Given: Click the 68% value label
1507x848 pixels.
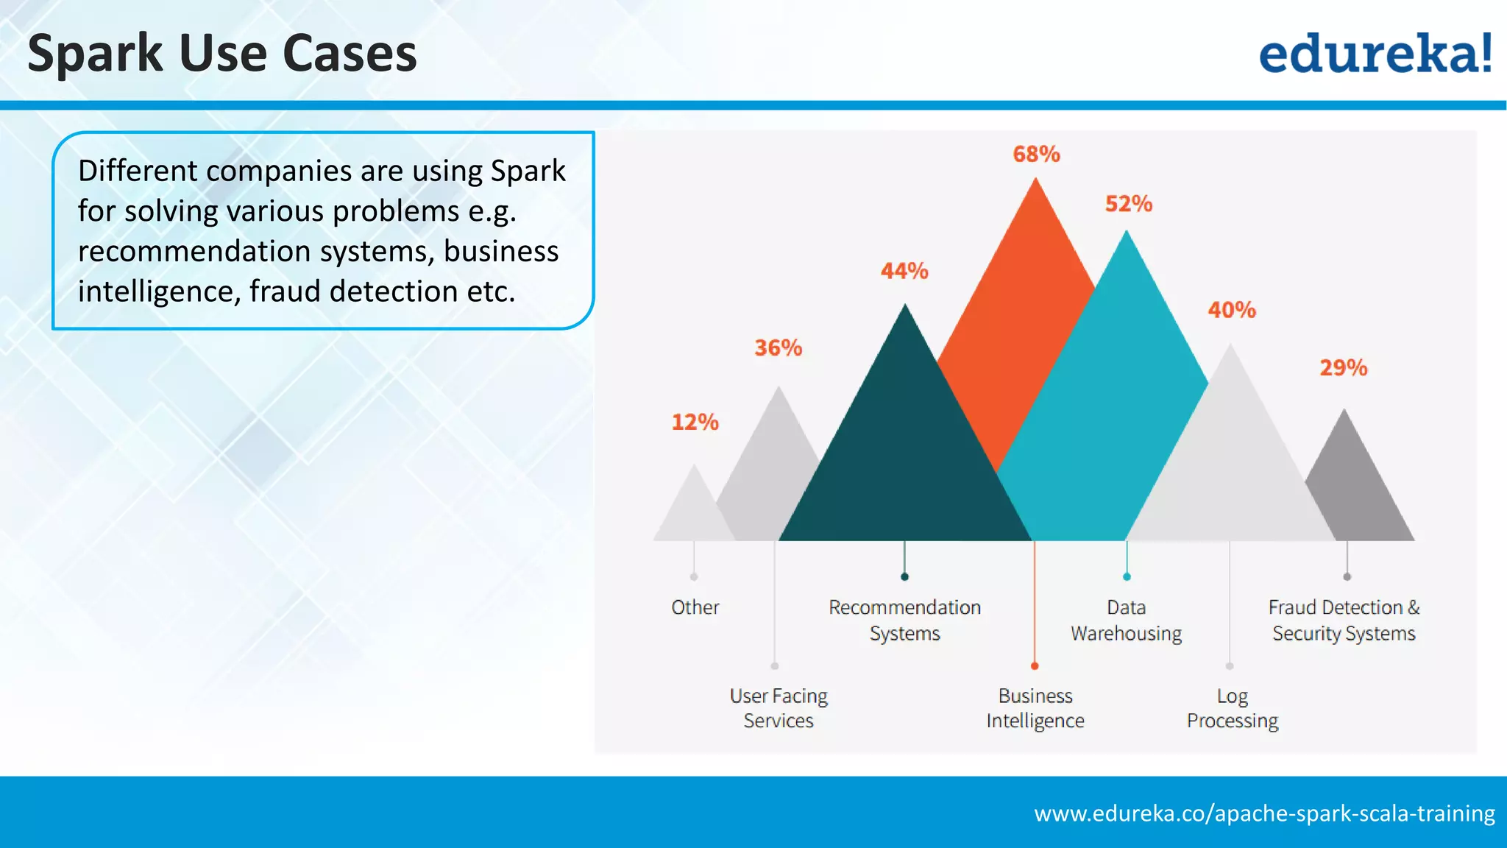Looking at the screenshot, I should point(1036,154).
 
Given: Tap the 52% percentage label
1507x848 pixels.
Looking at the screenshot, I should point(1129,204).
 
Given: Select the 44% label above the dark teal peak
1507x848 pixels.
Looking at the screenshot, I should point(904,271).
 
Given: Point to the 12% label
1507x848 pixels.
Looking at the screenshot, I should point(695,422).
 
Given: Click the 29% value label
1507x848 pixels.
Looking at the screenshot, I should point(1343,367).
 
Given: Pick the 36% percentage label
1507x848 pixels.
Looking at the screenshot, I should point(778,347).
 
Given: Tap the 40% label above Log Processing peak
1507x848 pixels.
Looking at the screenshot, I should point(1232,310).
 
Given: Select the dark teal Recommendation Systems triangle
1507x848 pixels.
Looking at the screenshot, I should point(905,456).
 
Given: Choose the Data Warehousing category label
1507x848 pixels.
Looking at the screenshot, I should point(1126,620).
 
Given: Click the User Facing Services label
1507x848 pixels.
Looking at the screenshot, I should point(779,707).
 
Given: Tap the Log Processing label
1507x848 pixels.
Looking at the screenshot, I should point(1233,707).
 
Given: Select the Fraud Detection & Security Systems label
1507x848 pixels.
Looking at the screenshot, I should point(1344,620).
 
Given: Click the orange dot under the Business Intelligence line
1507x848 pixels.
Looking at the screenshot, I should point(1035,666).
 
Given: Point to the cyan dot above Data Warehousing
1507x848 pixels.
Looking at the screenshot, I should point(1127,576).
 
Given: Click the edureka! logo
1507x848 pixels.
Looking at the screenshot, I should point(1375,53).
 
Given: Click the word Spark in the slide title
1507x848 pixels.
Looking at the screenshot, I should point(95,54).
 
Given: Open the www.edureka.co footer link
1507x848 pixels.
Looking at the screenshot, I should point(1264,813).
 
